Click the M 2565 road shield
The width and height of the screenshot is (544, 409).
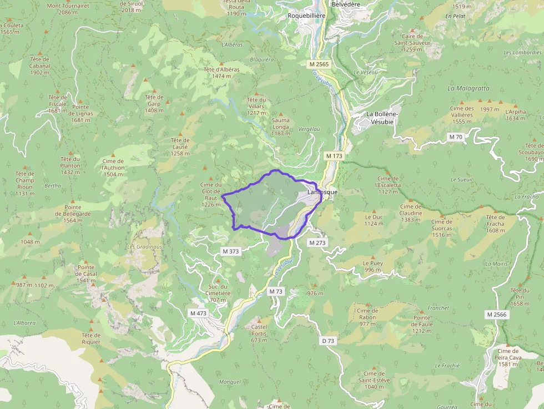pyautogui.click(x=319, y=64)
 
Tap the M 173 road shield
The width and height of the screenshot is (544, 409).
pyautogui.click(x=334, y=156)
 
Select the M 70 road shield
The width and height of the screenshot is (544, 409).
pyautogui.click(x=456, y=137)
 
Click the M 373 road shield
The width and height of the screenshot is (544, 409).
pyautogui.click(x=230, y=251)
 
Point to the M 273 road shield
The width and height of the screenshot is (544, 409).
pyautogui.click(x=317, y=243)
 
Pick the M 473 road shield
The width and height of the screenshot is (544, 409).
pyautogui.click(x=198, y=314)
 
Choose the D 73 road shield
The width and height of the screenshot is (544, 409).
pyautogui.click(x=328, y=341)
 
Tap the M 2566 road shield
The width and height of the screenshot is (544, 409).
pyautogui.click(x=497, y=315)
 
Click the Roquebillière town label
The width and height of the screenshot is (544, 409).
pyautogui.click(x=306, y=16)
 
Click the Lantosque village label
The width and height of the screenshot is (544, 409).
pyautogui.click(x=323, y=193)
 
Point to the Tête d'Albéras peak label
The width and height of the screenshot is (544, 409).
pyautogui.click(x=221, y=73)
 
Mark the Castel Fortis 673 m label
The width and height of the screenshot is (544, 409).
pyautogui.click(x=259, y=334)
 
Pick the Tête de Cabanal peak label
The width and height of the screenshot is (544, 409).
pyautogui.click(x=40, y=65)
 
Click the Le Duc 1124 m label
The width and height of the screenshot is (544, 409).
pyautogui.click(x=374, y=220)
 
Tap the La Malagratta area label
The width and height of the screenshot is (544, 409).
pyautogui.click(x=469, y=88)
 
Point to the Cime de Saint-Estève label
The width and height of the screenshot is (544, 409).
pyautogui.click(x=374, y=380)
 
